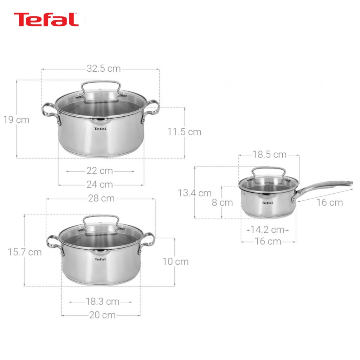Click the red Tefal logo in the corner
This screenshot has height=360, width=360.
[x=46, y=20]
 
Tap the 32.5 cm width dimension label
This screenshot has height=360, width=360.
[x=104, y=69]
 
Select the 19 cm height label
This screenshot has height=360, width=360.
[x=17, y=120]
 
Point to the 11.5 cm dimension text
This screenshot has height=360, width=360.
[x=184, y=132]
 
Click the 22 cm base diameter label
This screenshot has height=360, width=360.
[x=100, y=171]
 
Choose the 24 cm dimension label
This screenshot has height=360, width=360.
[x=100, y=184]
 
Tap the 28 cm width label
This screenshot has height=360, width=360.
[x=101, y=198]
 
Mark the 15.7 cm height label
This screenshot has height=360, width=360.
[x=25, y=252]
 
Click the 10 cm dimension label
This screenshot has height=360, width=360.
[x=175, y=262]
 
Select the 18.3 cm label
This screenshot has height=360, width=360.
[x=102, y=302]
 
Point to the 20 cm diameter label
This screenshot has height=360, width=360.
[x=102, y=315]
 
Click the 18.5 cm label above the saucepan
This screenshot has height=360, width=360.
[x=269, y=154]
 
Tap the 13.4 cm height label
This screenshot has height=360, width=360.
[x=195, y=193]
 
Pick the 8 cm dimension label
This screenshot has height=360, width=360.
[x=222, y=202]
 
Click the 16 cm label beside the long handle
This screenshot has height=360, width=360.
[x=329, y=202]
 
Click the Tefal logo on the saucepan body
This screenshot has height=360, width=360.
[x=267, y=203]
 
